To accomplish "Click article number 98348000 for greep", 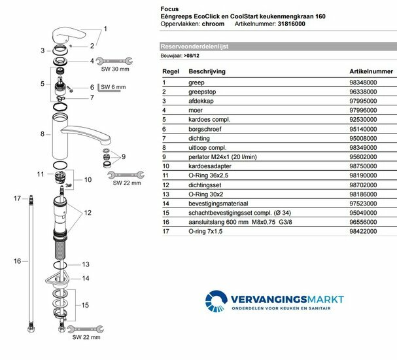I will tap(364, 82).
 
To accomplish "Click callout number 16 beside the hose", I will tap(17, 261).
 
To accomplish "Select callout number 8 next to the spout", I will tap(42, 134).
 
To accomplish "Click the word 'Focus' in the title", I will tap(170, 5).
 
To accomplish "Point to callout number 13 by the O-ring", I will tap(85, 264).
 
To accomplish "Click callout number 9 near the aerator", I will tap(122, 156).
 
